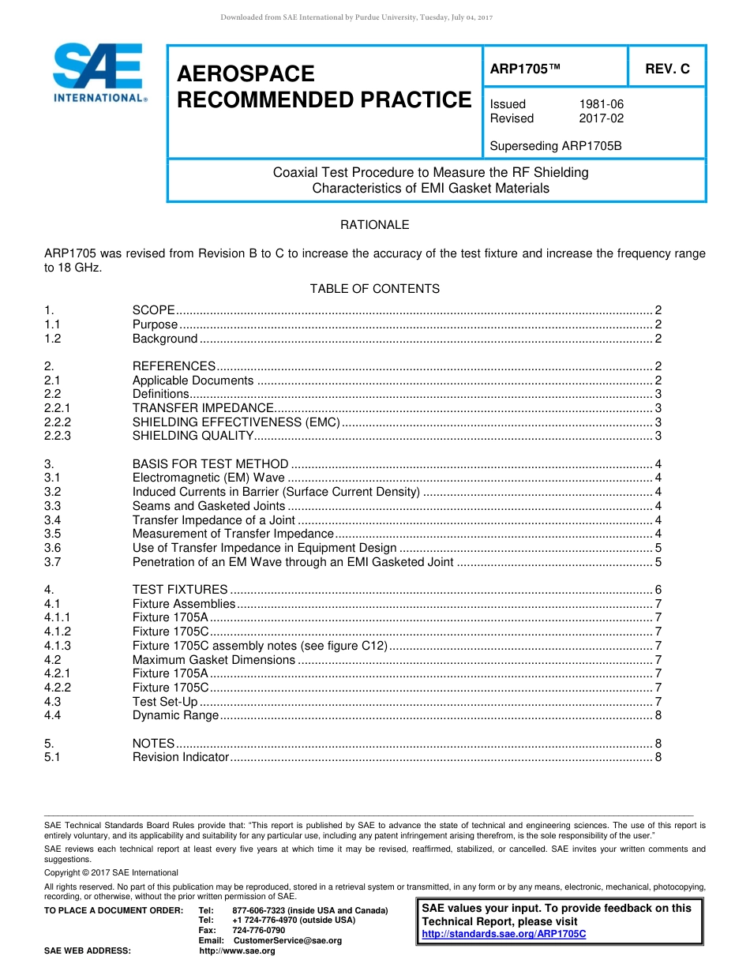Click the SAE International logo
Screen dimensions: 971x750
click(98, 72)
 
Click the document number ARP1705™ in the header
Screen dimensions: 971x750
click(525, 69)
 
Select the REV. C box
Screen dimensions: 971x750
click(667, 69)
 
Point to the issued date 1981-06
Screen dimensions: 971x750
click(602, 104)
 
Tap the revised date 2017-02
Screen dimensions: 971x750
click(602, 118)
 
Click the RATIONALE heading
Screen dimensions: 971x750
click(374, 225)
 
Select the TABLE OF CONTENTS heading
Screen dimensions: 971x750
click(374, 289)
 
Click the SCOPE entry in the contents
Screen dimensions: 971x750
click(154, 310)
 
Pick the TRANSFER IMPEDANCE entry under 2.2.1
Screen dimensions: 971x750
click(203, 408)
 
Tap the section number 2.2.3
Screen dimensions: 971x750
click(58, 436)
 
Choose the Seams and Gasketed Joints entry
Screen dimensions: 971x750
click(208, 506)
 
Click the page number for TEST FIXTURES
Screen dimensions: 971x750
click(658, 590)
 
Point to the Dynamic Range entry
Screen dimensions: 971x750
click(175, 715)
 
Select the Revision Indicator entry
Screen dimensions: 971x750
click(181, 758)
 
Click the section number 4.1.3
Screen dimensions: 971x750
click(58, 646)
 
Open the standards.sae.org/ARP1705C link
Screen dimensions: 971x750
click(504, 934)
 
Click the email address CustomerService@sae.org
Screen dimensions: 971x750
click(287, 940)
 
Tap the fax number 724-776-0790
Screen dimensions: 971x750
click(259, 930)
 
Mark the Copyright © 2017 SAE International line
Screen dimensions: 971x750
click(111, 872)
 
